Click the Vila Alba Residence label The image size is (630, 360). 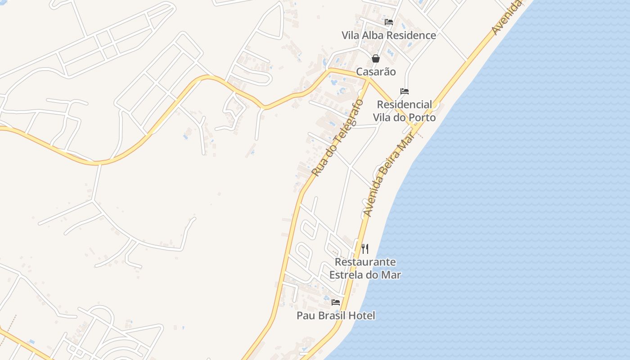point(389,35)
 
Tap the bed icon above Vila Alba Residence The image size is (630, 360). point(389,22)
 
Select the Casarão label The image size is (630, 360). point(376,72)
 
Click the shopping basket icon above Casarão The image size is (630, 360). point(376,58)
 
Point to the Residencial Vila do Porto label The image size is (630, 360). point(405,111)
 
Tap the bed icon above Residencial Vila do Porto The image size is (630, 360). point(405,91)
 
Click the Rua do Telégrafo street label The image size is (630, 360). point(337,137)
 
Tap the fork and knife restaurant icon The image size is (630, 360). point(365,248)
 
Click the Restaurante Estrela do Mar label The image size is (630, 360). point(365,268)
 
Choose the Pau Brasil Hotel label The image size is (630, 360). point(336,315)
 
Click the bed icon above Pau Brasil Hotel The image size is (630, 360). point(336,302)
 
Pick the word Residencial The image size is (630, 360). point(405,104)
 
